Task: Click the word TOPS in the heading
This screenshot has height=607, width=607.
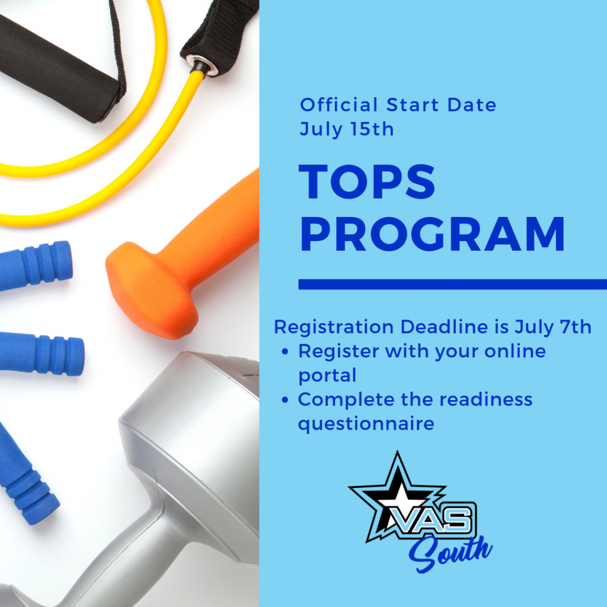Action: [x=367, y=182]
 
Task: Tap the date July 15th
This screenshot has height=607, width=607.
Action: [x=346, y=130]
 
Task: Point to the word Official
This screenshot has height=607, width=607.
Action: [x=338, y=105]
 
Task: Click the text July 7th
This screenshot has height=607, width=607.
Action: [x=553, y=327]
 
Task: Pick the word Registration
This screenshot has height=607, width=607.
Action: [x=334, y=327]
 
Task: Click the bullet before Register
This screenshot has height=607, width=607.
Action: [x=285, y=352]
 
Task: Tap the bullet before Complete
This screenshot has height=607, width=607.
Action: [x=285, y=400]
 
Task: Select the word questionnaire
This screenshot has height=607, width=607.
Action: [x=366, y=423]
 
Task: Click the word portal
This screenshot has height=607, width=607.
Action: [x=327, y=375]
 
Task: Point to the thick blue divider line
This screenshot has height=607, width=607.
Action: [x=452, y=284]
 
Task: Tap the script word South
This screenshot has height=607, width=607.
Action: [x=450, y=553]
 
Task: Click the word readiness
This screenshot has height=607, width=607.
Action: [x=486, y=399]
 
